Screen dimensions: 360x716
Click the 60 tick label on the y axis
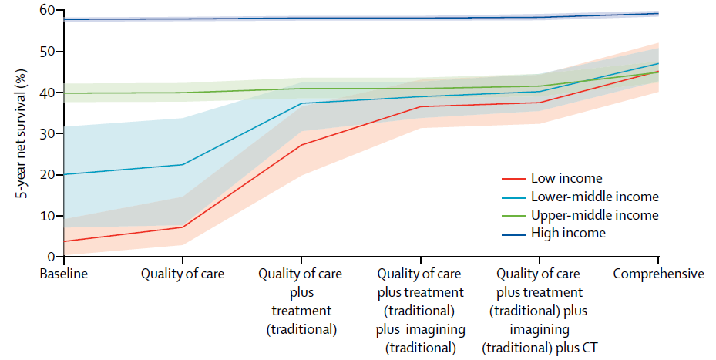coord(51,10)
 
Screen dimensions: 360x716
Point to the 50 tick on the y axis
coord(51,52)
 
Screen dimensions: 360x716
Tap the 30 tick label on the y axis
coord(51,133)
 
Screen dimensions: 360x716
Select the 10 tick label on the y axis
coord(51,216)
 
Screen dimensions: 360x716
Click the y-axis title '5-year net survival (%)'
coord(23,132)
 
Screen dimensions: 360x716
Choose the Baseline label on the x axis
coord(64,274)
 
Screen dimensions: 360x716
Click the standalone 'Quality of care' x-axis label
coord(183,274)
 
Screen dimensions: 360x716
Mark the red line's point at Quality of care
coord(183,227)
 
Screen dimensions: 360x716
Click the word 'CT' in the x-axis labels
coord(590,347)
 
